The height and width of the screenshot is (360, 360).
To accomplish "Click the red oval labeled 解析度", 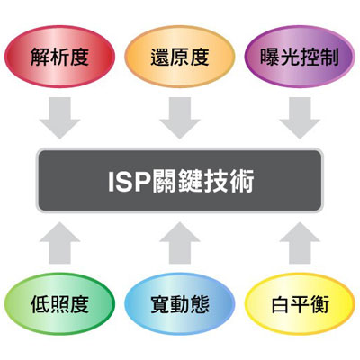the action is pos(59,57).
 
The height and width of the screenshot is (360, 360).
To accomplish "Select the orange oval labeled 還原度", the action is pos(180,57).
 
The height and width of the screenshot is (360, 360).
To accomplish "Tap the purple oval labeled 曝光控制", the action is pos(300,57).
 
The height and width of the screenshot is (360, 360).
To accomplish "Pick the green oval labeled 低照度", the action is pos(59,303).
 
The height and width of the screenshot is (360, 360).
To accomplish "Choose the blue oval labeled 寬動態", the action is pos(180,303).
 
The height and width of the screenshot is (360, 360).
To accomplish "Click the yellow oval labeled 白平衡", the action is pos(300,303).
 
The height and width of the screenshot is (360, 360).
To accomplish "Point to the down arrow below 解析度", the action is pos(59,118).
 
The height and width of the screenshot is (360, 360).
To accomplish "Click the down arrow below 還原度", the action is pos(180,118).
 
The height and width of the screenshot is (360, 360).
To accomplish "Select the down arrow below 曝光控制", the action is pos(300,118).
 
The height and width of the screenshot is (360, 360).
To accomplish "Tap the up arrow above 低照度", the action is pos(59,243).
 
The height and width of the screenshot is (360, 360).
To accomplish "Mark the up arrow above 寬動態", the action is pos(180,243).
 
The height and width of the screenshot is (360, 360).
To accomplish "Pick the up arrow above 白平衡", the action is pos(300,243).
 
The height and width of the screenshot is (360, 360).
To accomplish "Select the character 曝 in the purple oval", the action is pos(270,57).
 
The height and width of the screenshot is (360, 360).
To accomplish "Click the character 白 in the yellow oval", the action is pos(280,304).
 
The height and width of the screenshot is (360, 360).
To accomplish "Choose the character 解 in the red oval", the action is pos(40,57).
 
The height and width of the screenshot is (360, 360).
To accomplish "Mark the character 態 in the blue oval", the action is pos(200,304).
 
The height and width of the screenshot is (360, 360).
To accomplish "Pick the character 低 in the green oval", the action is pos(40,304).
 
